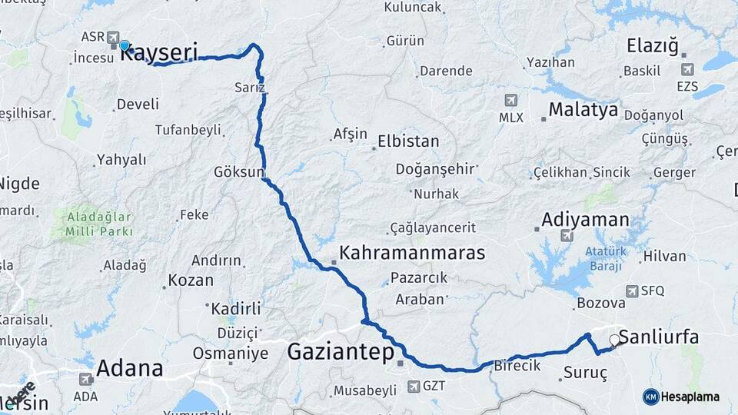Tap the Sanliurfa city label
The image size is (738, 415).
click(x=659, y=337)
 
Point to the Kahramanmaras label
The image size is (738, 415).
click(x=412, y=252)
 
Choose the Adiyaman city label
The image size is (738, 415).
click(x=585, y=220)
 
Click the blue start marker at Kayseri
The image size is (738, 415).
click(x=124, y=45)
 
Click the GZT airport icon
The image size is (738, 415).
click(x=414, y=386)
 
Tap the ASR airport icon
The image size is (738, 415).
click(x=114, y=36)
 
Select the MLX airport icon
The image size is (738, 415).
click(x=511, y=100)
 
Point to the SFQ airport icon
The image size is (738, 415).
click(x=632, y=290)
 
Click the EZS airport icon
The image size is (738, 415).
click(x=687, y=69)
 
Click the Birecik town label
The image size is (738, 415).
click(x=518, y=365)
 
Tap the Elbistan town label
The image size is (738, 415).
click(x=408, y=141)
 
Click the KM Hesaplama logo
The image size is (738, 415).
click(x=681, y=397)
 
